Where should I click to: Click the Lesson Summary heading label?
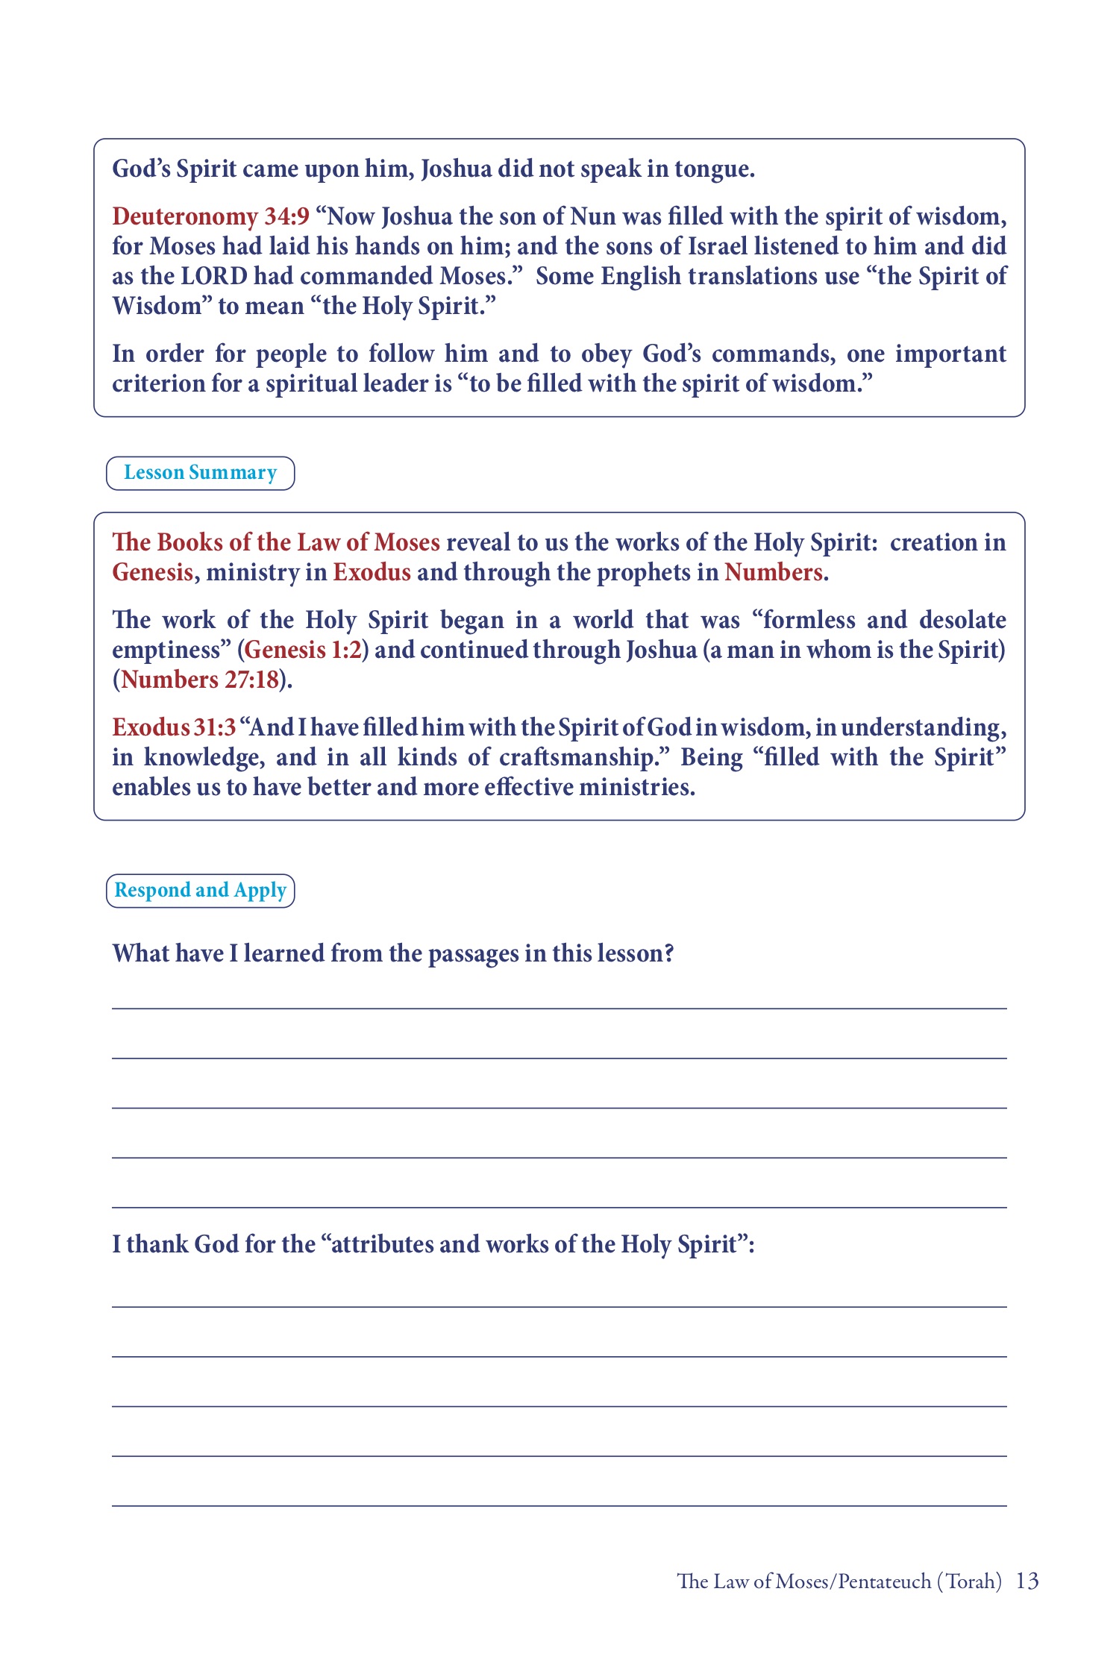[x=200, y=473]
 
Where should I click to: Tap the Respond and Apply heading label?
[x=200, y=891]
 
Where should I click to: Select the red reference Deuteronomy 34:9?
[x=210, y=216]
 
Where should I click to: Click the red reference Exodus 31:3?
[x=174, y=727]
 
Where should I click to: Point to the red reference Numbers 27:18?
[x=199, y=680]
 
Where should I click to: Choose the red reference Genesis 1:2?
[x=303, y=650]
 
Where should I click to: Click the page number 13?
[x=1027, y=1581]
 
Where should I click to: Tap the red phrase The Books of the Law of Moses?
[x=276, y=542]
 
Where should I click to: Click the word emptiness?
[x=172, y=650]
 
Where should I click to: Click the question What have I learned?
[x=393, y=953]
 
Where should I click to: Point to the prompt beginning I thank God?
[x=433, y=1244]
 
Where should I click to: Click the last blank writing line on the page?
[x=559, y=1505]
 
